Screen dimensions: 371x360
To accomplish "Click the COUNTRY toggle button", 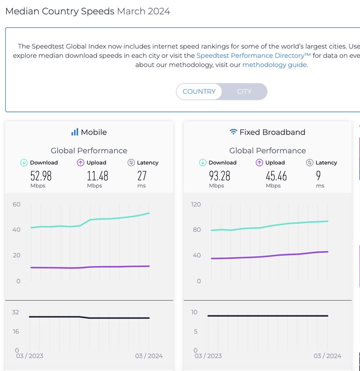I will pos(199,92).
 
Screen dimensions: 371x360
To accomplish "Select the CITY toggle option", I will pos(244,92).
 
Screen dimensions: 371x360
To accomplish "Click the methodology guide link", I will pos(275,65).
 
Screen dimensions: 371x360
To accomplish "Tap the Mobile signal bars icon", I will pos(75,132).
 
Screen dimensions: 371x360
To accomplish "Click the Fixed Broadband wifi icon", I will pos(233,132).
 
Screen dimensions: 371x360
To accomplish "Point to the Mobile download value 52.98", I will pos(41,176).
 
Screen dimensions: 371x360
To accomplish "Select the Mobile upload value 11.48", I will pos(97,176).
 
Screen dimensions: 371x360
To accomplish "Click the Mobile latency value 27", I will pos(142,176).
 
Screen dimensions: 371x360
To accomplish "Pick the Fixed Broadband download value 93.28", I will pos(219,176).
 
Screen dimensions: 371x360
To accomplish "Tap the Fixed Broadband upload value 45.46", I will pos(276,176).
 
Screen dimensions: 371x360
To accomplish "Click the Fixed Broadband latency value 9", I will pos(319,176).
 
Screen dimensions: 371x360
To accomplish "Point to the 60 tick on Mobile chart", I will pos(16,205).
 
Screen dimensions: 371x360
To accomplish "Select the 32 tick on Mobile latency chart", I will pos(15,312).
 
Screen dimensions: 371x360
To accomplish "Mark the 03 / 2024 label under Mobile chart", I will pos(148,356).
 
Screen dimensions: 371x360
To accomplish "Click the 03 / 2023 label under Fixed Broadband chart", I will pos(208,356).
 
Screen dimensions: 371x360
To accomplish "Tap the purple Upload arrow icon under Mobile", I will pos(80,163).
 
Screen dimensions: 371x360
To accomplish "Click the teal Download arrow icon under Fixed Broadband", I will pos(202,163).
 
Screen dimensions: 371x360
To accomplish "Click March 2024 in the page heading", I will pos(144,11).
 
